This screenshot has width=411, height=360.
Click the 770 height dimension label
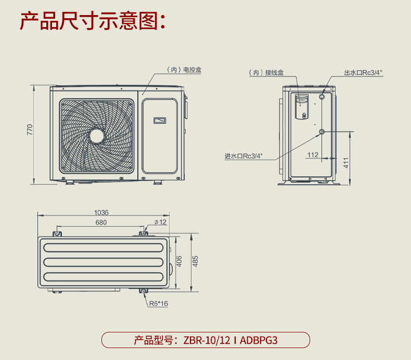pyautogui.click(x=30, y=130)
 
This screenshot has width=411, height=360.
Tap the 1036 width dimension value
pyautogui.click(x=101, y=212)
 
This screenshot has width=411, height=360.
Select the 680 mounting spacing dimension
pyautogui.click(x=101, y=222)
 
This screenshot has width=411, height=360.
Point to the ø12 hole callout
pyautogui.click(x=160, y=222)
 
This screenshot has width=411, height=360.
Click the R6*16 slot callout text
pyautogui.click(x=159, y=304)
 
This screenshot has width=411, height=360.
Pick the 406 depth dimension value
pyautogui.click(x=179, y=261)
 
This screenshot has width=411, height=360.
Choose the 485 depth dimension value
pyautogui.click(x=195, y=261)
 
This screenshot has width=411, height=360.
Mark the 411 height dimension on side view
pyautogui.click(x=346, y=163)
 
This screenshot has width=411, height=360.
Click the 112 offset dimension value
pyautogui.click(x=313, y=155)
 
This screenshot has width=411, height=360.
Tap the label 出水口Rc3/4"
pyautogui.click(x=363, y=73)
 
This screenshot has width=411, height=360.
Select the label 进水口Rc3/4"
pyautogui.click(x=243, y=156)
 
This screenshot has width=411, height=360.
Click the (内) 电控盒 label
pyautogui.click(x=184, y=70)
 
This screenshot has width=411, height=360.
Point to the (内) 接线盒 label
pyautogui.click(x=266, y=73)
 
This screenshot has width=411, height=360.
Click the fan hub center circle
pyautogui.click(x=97, y=136)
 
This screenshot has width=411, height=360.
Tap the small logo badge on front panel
pyautogui.click(x=160, y=120)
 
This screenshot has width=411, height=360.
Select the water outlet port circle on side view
pyautogui.click(x=322, y=96)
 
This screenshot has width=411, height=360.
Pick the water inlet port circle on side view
pyautogui.click(x=322, y=132)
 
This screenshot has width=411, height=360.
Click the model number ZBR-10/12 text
pyautogui.click(x=207, y=340)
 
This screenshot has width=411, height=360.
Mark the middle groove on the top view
pyautogui.click(x=104, y=262)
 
